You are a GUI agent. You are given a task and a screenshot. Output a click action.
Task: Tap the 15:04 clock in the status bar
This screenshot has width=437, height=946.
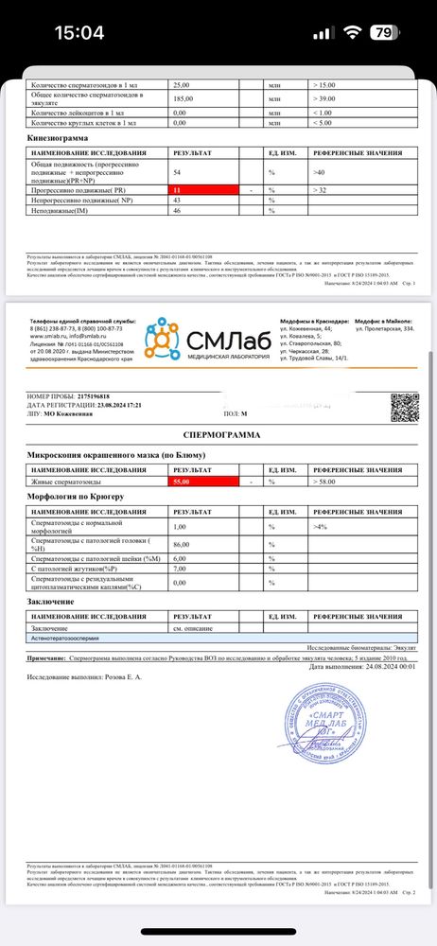point(79,32)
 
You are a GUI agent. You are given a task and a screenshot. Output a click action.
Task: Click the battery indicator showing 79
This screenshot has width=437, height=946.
point(384,32)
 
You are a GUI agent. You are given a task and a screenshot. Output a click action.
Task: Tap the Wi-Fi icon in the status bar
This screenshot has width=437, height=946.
point(354,32)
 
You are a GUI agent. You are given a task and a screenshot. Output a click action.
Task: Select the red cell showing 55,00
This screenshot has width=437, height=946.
point(206,482)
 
